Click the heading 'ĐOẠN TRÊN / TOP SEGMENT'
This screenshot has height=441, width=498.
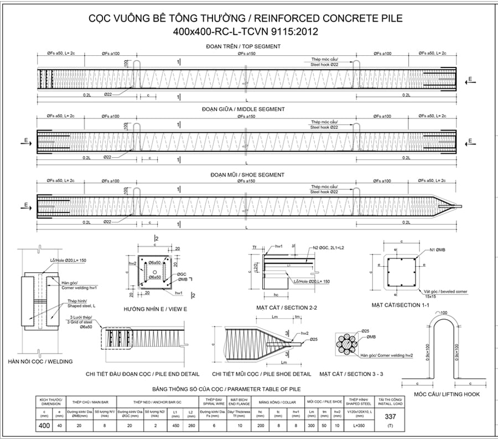point(243,46)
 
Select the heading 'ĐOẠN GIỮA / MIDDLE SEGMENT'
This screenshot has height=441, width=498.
point(243,110)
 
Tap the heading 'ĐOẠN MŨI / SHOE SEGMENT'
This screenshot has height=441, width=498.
point(243,175)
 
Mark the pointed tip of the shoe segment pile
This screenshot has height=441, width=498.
point(460,207)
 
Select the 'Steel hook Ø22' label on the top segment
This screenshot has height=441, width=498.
point(324,65)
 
